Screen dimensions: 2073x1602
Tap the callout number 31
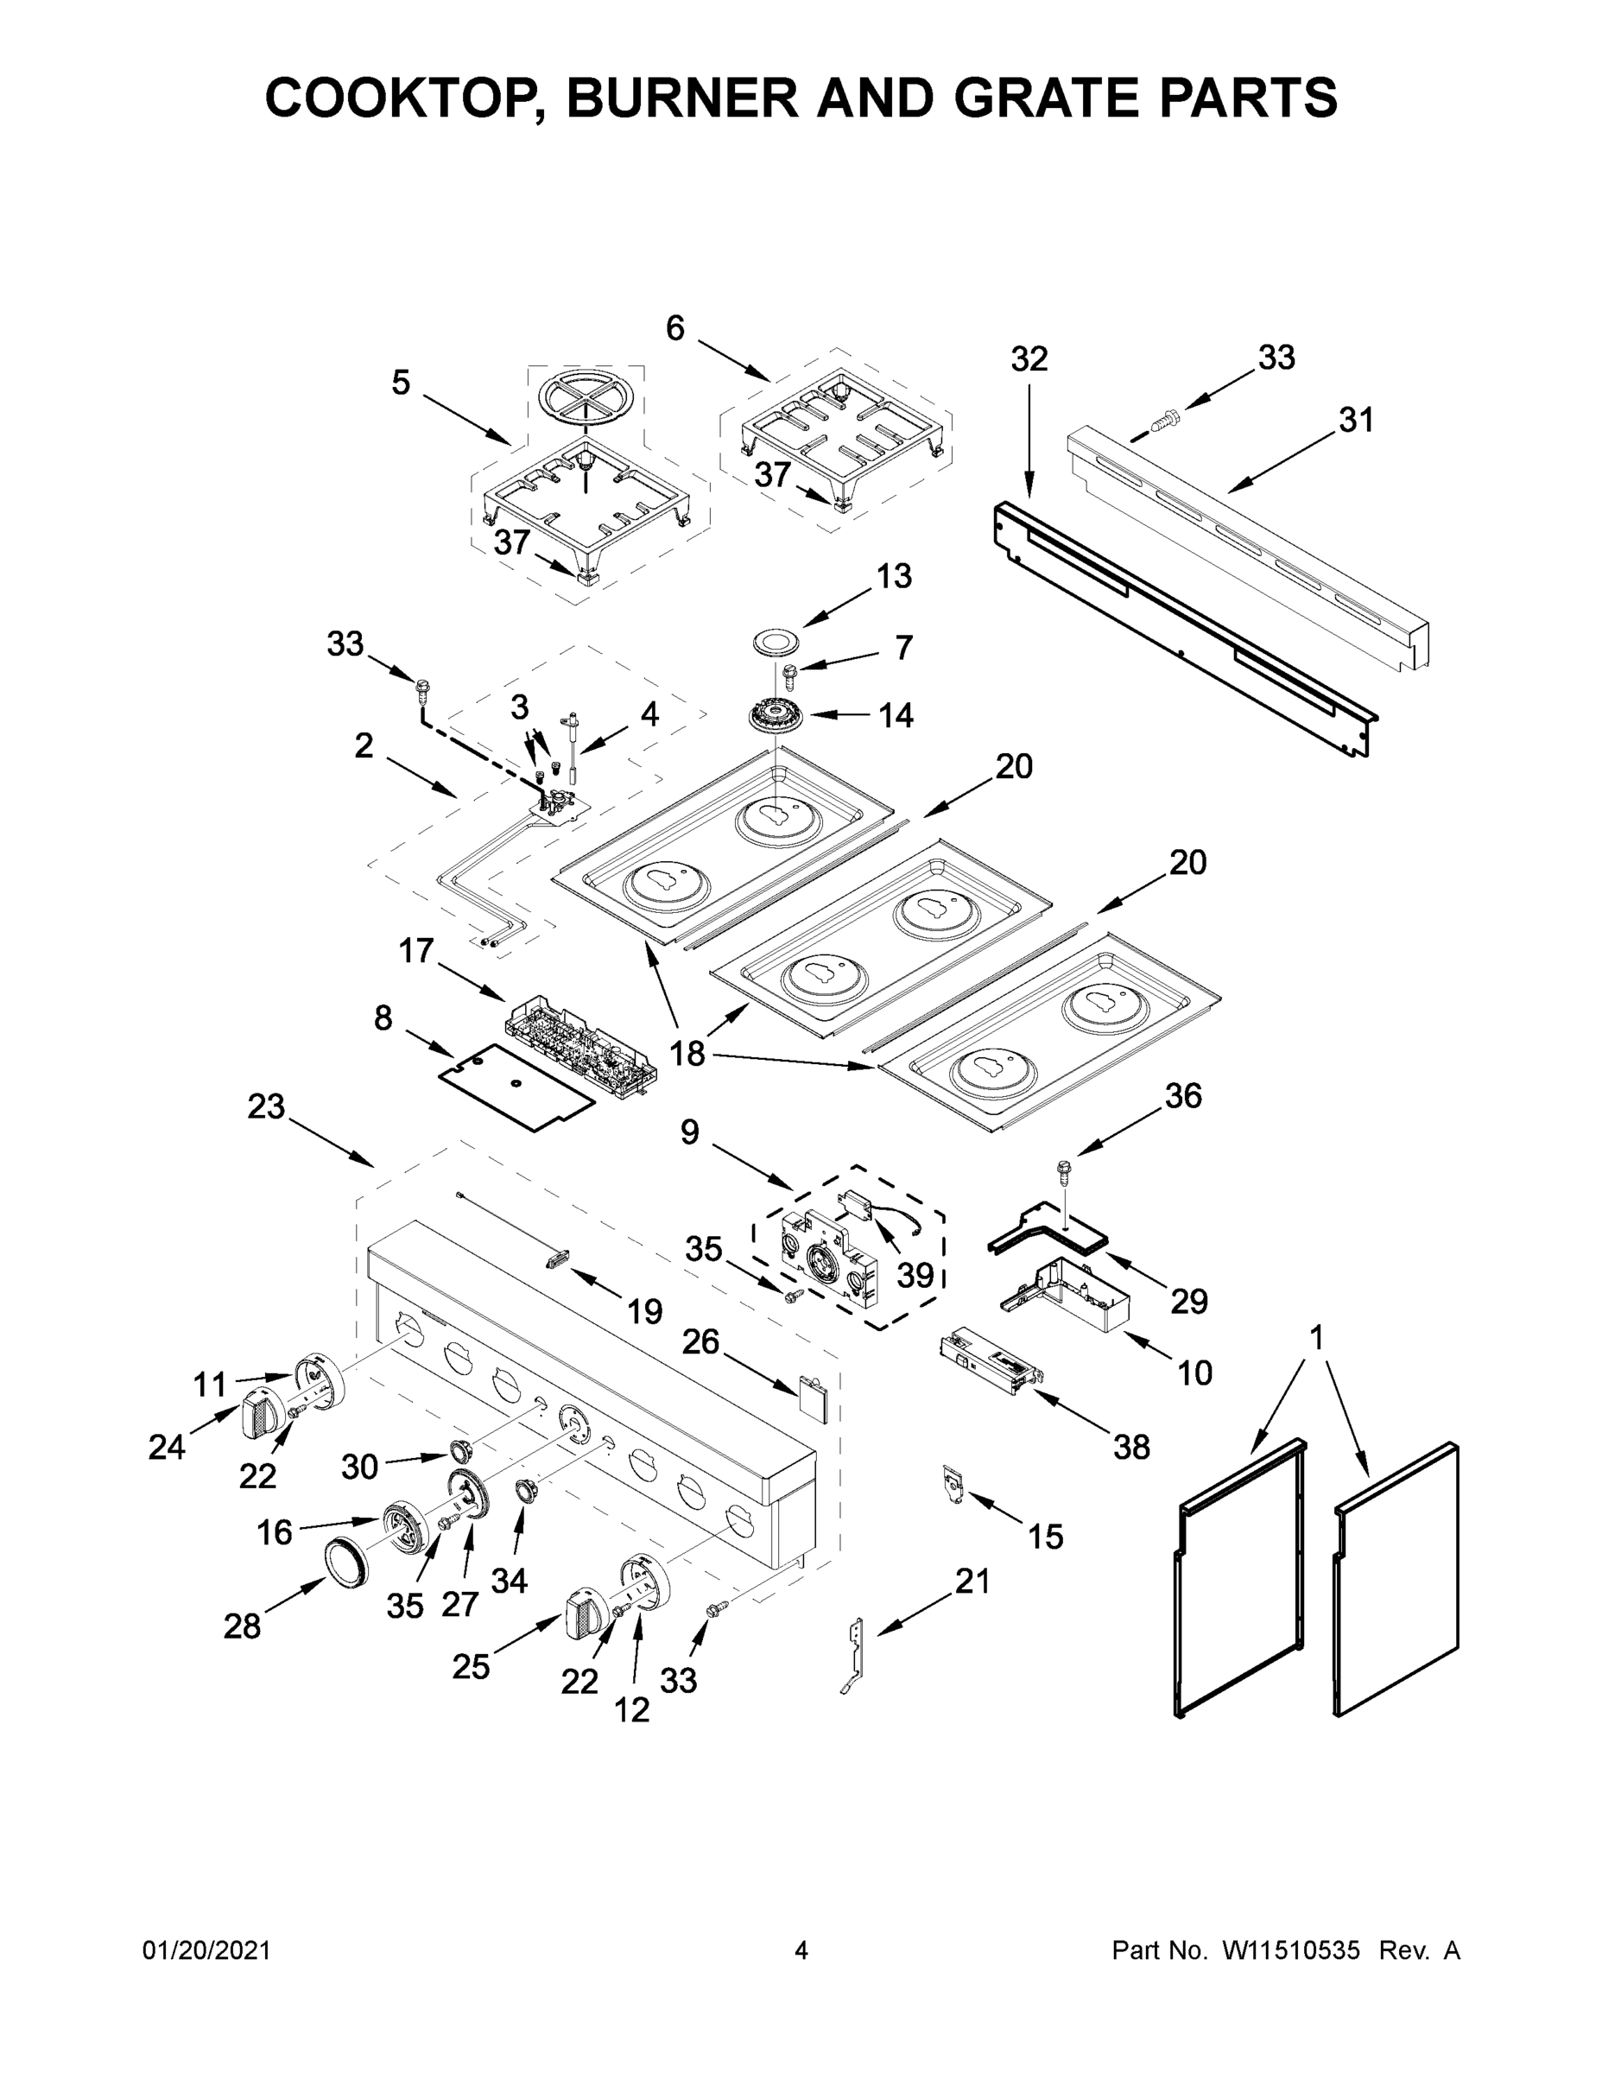tap(1356, 421)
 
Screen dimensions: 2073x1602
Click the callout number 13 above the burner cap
tap(893, 576)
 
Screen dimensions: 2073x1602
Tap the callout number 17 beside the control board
tap(415, 950)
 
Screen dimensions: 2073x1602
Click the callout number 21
tap(972, 1582)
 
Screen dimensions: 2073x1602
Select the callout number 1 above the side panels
tap(1316, 1338)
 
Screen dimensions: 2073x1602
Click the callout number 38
tap(1131, 1448)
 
